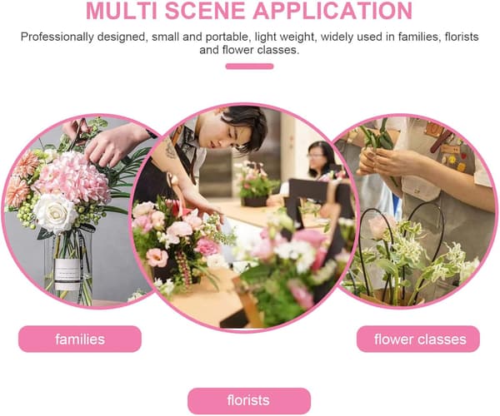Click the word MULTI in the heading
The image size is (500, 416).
point(122,11)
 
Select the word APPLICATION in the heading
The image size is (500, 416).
point(332,11)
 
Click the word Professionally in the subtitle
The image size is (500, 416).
point(57,37)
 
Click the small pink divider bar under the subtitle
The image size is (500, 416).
point(249,67)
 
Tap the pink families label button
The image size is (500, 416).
point(80,339)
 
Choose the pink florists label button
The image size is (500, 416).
point(249,401)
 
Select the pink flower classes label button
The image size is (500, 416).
point(418,339)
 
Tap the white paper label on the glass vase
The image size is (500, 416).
point(67,275)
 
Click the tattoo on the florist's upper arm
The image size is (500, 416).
point(170,150)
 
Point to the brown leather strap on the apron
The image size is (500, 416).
point(442,140)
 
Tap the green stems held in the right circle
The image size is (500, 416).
point(377,136)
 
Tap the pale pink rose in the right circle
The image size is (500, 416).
point(379,226)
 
